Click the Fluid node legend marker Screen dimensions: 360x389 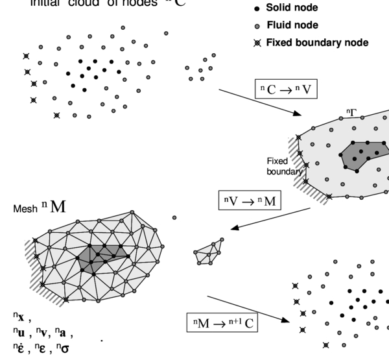point(257,26)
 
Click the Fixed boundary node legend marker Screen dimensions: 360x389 point(257,42)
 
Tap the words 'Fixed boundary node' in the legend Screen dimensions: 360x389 point(317,42)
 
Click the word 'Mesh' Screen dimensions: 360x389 point(25,209)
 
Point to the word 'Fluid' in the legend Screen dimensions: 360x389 point(278,26)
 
